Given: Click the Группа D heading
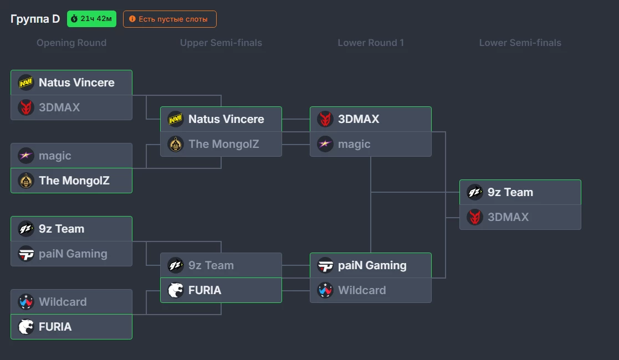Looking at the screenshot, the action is coord(35,19).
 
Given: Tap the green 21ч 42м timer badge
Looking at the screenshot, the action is coord(91,19).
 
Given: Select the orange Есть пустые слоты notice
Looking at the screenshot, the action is coord(170,19).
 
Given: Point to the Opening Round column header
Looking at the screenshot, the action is coord(71,43).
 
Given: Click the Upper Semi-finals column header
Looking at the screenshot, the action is coord(221,43).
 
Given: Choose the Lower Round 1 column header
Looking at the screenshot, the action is coord(371,43).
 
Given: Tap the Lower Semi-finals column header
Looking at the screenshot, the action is coord(520,43).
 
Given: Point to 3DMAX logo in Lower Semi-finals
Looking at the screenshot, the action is coord(474,217).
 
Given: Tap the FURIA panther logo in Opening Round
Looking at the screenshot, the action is coord(26,327).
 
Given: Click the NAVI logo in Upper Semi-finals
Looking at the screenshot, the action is coord(175,119).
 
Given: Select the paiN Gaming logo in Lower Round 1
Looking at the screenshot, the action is coord(325,266).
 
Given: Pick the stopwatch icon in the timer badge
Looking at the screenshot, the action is coord(74,18).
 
